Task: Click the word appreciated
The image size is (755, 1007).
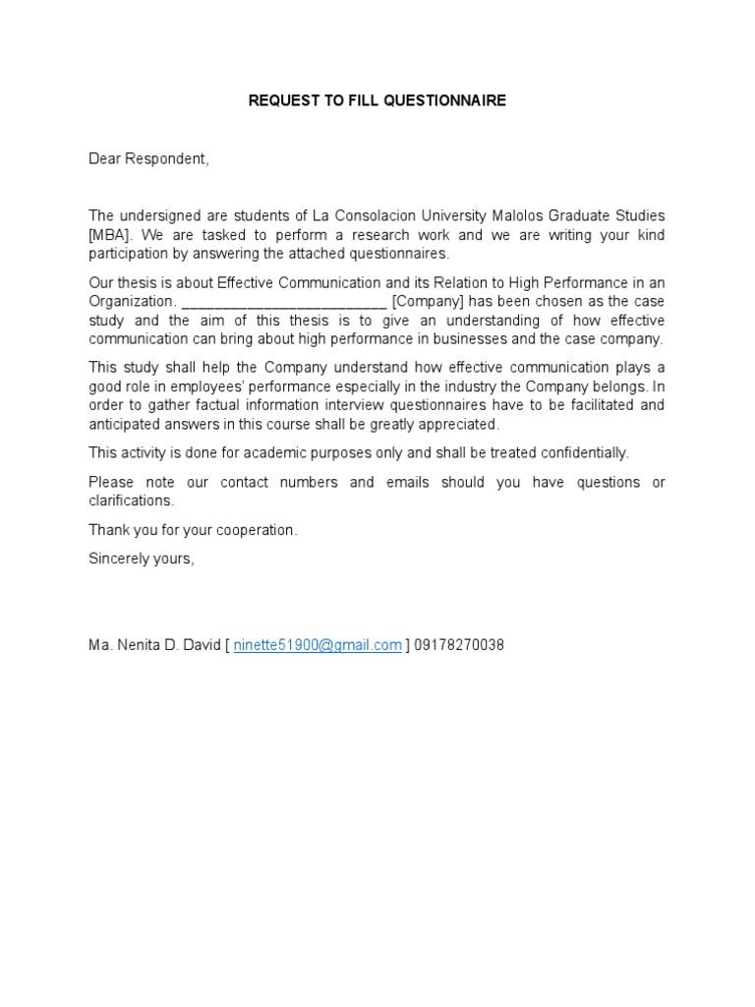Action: pyautogui.click(x=463, y=424)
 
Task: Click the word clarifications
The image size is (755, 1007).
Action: pyautogui.click(x=131, y=501)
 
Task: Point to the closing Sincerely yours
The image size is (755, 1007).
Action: pyautogui.click(x=142, y=558)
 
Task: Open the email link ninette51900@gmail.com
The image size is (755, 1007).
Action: pyautogui.click(x=318, y=645)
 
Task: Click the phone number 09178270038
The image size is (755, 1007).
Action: pyautogui.click(x=459, y=645)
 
